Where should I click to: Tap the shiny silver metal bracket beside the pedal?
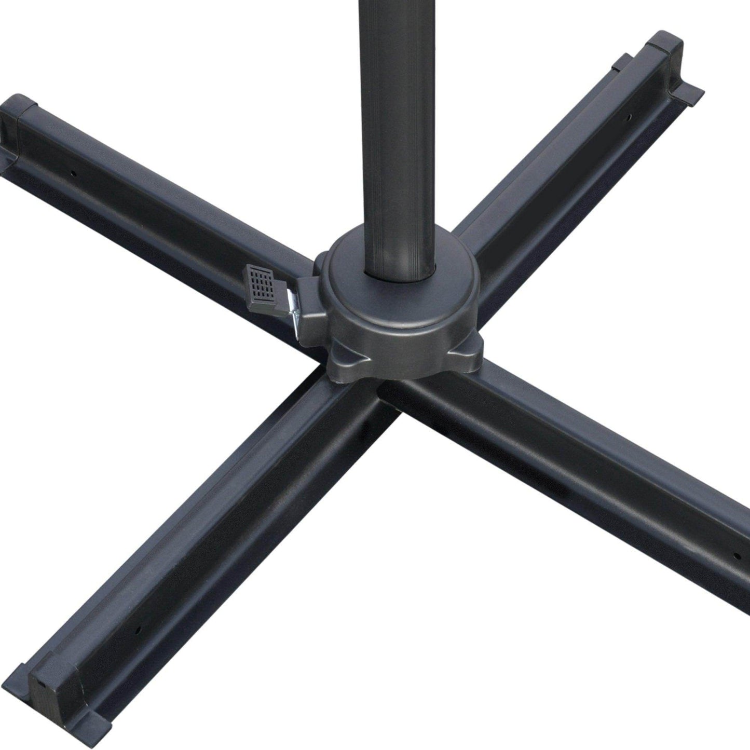295,317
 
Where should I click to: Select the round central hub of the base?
400,311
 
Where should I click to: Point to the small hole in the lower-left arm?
138,630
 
